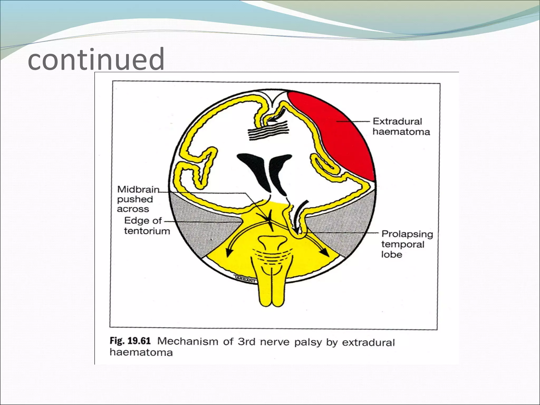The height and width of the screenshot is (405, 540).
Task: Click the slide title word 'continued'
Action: coord(96,59)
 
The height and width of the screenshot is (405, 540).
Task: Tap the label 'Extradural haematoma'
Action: coord(401,127)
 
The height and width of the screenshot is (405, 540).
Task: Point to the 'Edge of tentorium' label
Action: coord(147,226)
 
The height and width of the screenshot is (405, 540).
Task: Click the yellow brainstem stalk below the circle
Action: coord(271,293)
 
